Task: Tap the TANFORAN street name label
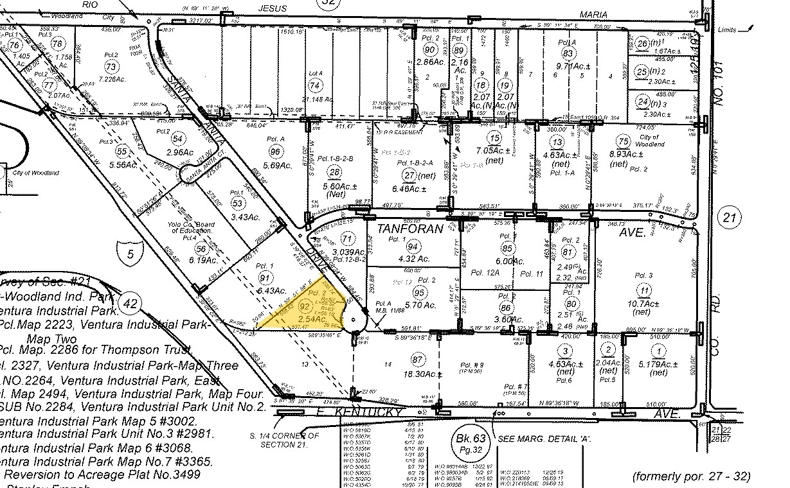coord(409,229)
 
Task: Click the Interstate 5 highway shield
coord(130,252)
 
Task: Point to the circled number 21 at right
coord(729,218)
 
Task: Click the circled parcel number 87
coord(418,359)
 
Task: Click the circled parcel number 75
coord(622,142)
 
